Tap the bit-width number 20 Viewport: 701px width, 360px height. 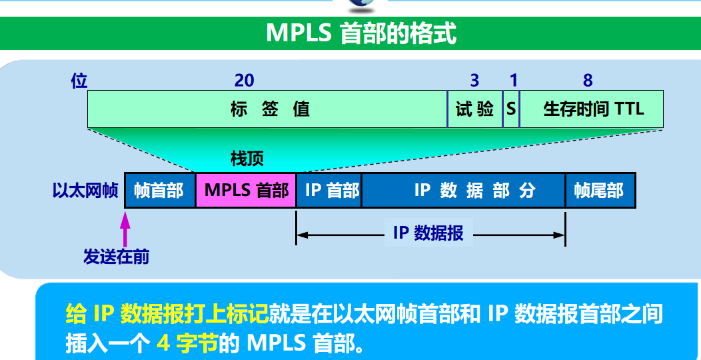click(x=244, y=81)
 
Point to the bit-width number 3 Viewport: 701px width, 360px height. click(x=474, y=81)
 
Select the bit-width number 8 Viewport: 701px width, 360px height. click(x=588, y=81)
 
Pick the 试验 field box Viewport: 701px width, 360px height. click(x=474, y=109)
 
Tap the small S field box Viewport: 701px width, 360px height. click(x=510, y=109)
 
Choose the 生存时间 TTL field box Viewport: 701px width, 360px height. click(x=592, y=109)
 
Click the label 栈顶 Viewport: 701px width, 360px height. click(x=247, y=159)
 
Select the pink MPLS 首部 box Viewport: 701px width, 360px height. click(x=246, y=190)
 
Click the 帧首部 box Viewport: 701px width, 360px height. click(x=160, y=190)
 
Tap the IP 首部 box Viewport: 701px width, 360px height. click(x=329, y=190)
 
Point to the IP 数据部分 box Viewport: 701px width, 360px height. click(x=464, y=190)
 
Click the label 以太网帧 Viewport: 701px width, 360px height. click(x=85, y=191)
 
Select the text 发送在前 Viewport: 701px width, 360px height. click(x=116, y=257)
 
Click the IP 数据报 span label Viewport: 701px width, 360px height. click(x=428, y=233)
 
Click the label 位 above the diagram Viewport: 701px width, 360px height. click(x=79, y=81)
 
